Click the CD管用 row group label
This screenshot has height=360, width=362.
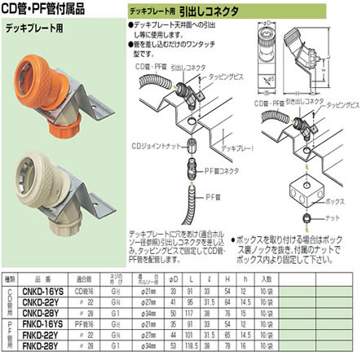[10, 300]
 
